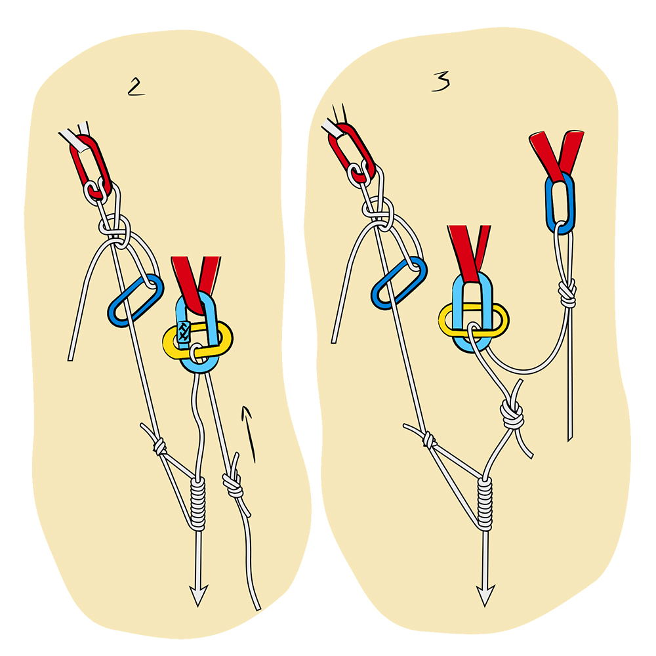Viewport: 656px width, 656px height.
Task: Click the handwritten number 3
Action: point(441,81)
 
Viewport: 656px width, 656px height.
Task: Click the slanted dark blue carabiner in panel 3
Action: point(398,282)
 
